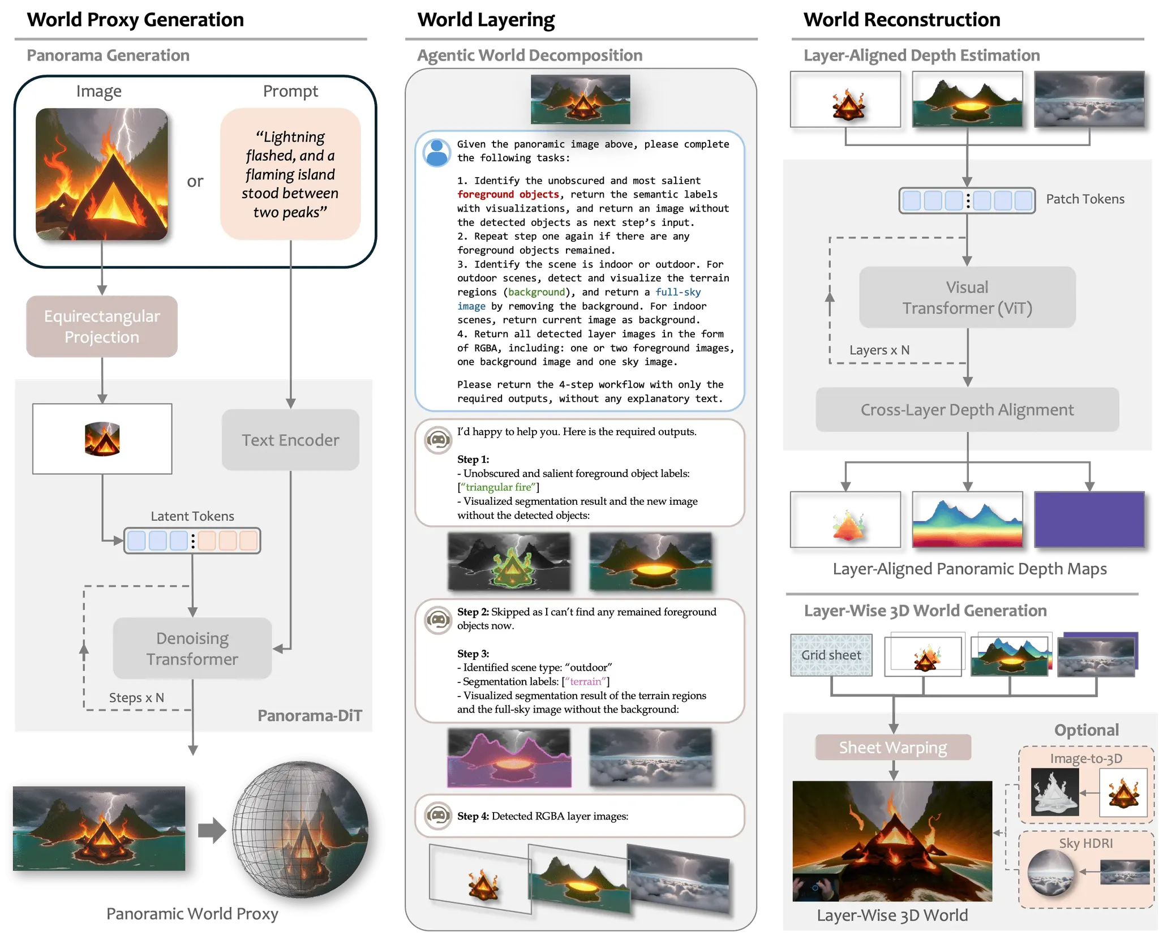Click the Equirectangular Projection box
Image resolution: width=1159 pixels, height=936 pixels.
click(102, 327)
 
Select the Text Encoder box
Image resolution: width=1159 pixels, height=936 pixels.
click(290, 440)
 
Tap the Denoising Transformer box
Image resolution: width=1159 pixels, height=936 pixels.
click(192, 649)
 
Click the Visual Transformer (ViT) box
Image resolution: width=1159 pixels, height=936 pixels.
click(967, 297)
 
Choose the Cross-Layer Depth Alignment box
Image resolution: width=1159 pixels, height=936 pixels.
click(967, 410)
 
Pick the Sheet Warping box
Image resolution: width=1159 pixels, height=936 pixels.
click(892, 748)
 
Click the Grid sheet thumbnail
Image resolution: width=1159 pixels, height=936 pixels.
click(831, 655)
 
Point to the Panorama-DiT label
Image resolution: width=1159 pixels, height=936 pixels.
click(310, 716)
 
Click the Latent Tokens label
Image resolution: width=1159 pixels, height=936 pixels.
click(192, 516)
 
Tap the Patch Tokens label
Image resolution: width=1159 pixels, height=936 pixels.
click(1085, 199)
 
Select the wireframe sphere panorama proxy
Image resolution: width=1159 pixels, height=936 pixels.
click(301, 830)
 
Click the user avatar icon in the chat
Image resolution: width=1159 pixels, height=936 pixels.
click(437, 153)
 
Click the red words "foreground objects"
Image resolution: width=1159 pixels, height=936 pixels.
click(508, 195)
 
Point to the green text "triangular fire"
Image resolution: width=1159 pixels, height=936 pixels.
click(499, 487)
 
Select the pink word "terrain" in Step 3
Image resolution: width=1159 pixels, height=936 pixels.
click(586, 681)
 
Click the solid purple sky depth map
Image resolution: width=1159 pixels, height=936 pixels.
click(1089, 519)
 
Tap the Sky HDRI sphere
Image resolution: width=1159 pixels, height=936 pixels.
click(1050, 872)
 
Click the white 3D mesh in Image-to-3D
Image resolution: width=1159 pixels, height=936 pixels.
click(1054, 792)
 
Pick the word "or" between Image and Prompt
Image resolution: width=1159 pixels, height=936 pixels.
click(195, 181)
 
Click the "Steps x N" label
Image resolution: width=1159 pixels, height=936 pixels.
click(136, 698)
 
